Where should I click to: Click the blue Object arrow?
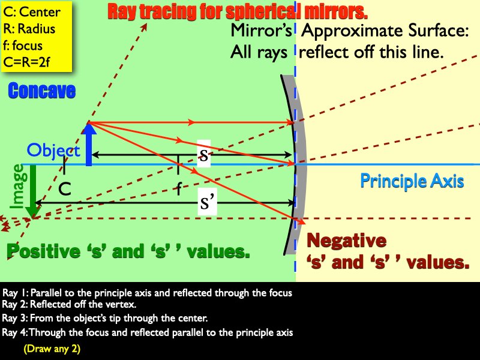click(89, 145)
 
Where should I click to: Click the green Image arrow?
click(33, 191)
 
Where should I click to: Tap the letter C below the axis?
click(65, 189)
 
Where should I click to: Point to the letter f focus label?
click(179, 188)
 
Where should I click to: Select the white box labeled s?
click(203, 154)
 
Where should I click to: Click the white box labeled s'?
click(207, 202)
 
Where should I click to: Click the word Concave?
click(42, 91)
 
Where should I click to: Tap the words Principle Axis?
click(412, 181)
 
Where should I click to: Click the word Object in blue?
click(53, 151)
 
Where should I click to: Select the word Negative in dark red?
click(346, 240)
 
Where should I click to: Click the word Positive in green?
click(43, 251)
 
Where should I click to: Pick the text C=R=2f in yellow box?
click(26, 62)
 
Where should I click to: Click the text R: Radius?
click(29, 29)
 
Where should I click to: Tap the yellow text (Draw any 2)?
click(52, 349)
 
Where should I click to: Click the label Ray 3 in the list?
click(14, 318)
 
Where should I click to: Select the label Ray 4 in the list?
click(14, 332)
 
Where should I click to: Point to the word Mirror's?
click(261, 31)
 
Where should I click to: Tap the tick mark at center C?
click(64, 165)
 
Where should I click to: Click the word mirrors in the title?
click(333, 11)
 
